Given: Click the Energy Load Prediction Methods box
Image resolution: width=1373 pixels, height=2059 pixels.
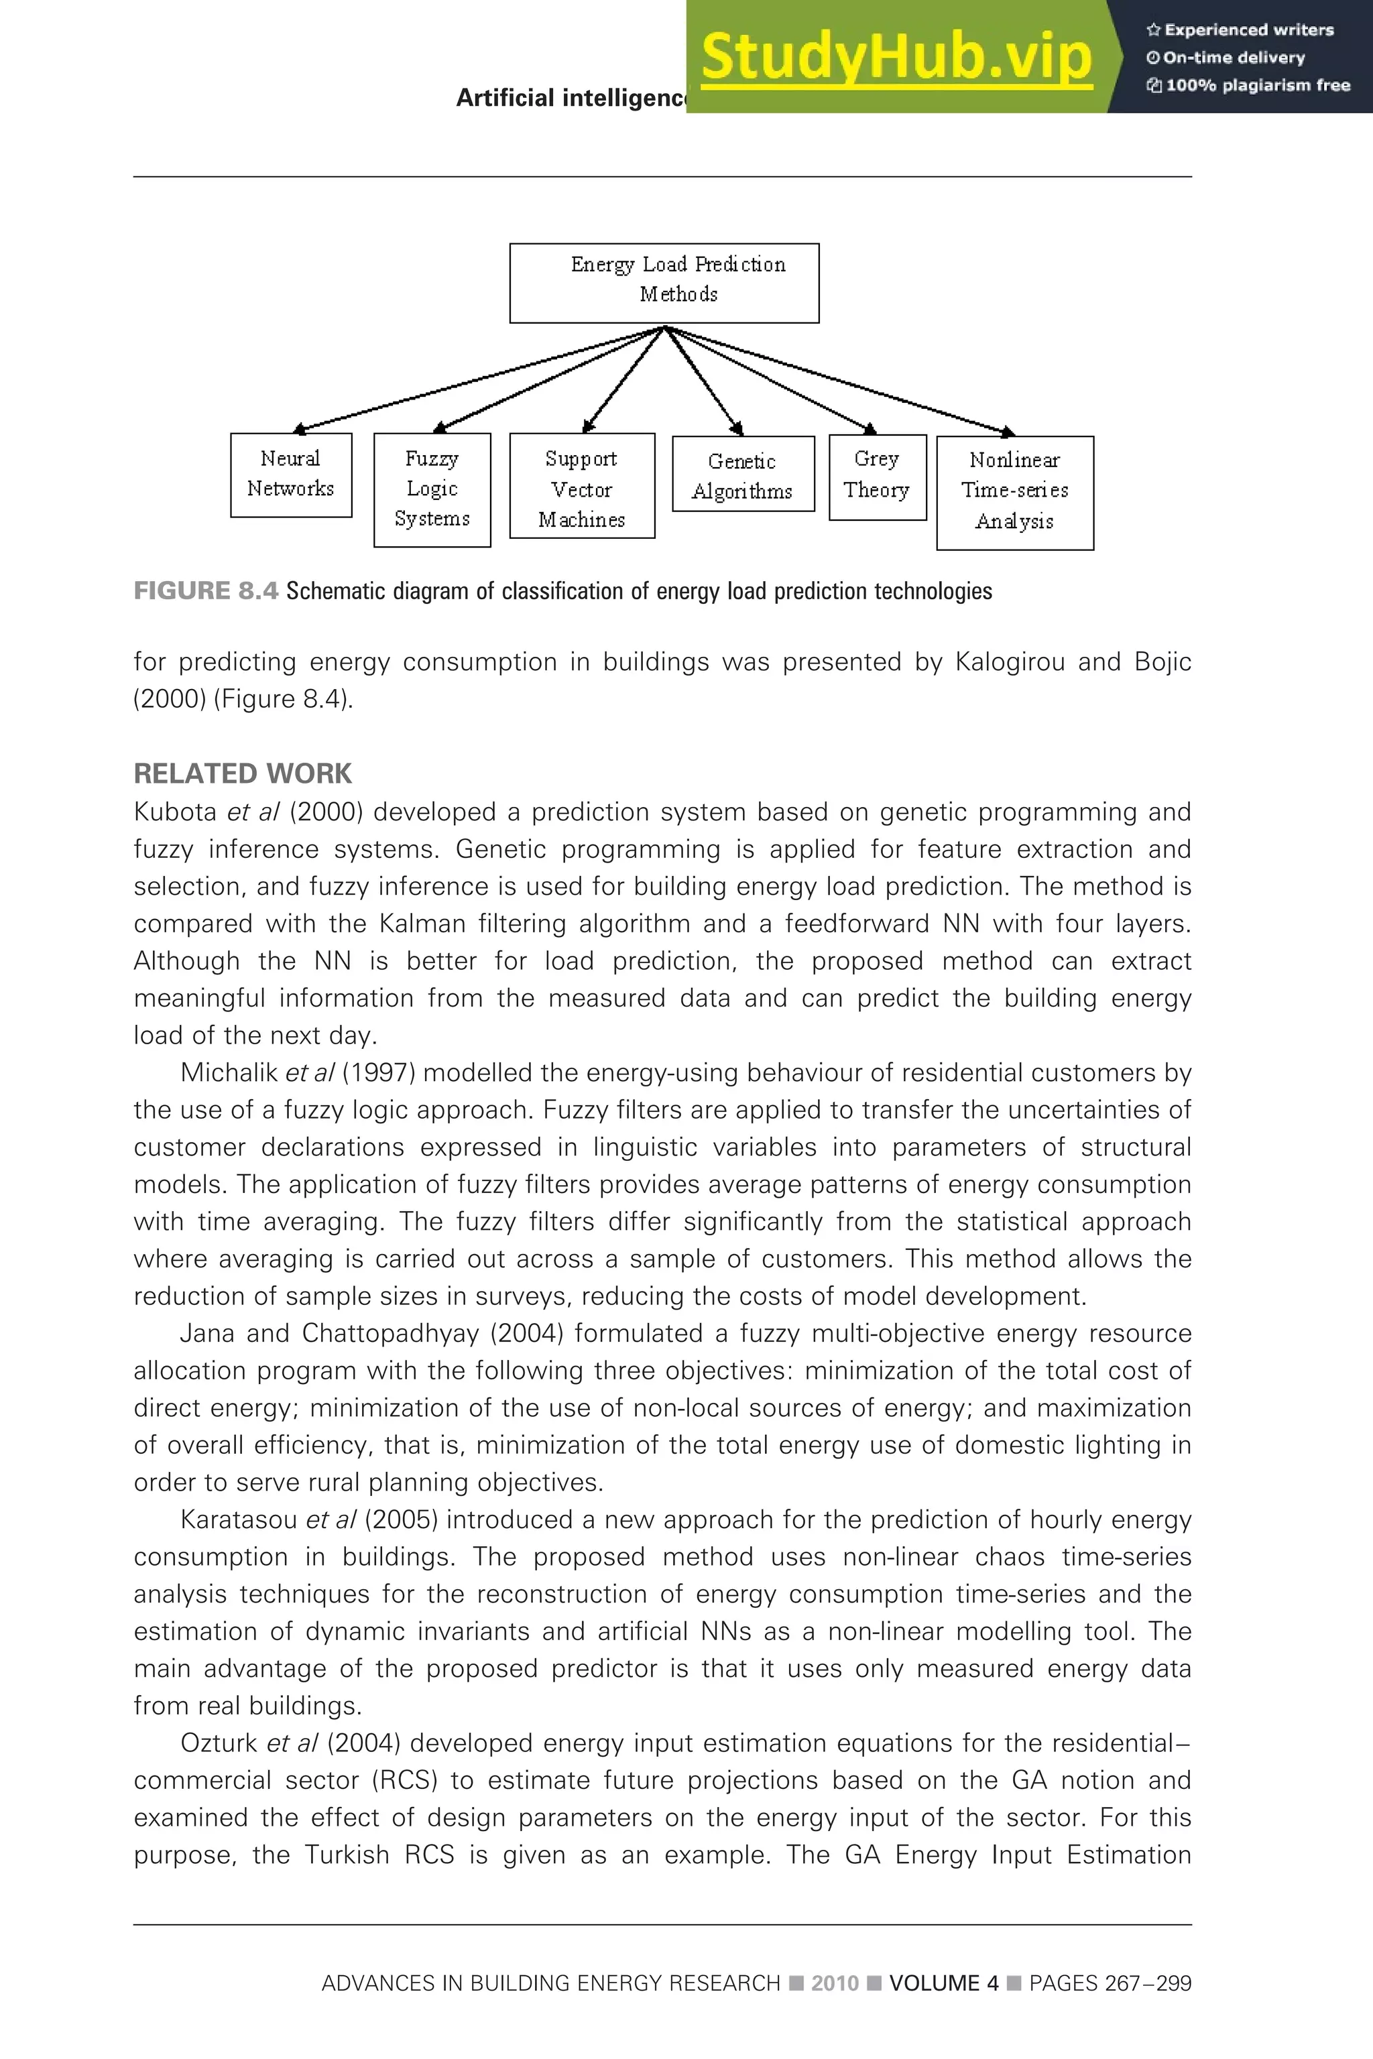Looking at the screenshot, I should click(664, 283).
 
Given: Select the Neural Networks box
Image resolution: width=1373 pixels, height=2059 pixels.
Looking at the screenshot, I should click(291, 475).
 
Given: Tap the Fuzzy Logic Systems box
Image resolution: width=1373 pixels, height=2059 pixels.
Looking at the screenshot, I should click(432, 489).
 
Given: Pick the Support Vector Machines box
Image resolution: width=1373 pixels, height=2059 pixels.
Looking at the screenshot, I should click(581, 485).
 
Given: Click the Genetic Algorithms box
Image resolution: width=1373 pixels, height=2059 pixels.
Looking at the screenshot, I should click(743, 474).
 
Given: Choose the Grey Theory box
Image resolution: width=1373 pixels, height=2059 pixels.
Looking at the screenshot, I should click(876, 477).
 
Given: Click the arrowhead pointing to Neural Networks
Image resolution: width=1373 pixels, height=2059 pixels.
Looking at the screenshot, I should click(300, 429).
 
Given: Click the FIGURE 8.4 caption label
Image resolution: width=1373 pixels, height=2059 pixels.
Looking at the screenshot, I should click(206, 591).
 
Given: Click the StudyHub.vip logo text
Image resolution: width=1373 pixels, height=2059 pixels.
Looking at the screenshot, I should click(896, 58).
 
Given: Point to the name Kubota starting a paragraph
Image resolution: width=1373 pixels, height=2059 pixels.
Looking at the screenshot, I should click(174, 812).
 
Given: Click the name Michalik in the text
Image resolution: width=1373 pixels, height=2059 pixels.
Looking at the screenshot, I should click(229, 1073).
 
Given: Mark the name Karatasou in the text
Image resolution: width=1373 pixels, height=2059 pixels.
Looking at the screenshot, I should click(239, 1519).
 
